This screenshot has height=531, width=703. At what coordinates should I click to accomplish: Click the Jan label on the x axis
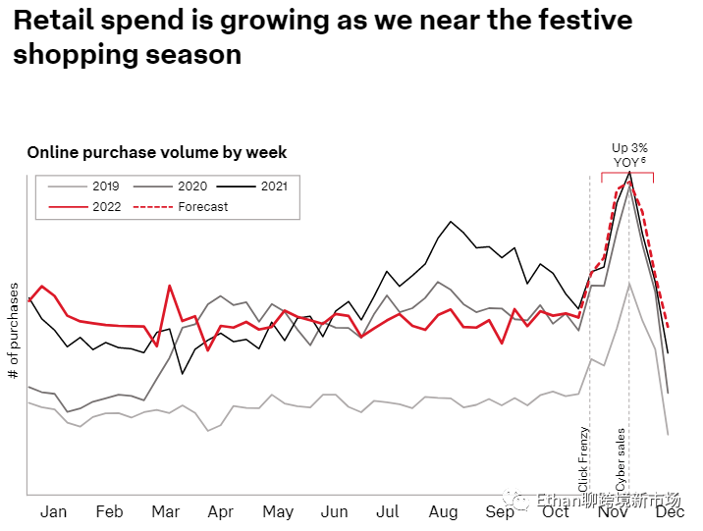53,511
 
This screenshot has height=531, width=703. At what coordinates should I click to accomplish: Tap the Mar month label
165,511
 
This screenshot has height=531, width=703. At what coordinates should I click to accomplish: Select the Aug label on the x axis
444,511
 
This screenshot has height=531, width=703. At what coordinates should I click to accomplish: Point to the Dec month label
671,511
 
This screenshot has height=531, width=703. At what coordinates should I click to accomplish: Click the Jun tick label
335,511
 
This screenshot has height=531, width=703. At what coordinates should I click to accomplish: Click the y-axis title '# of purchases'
14,332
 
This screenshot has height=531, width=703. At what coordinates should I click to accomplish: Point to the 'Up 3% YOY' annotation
629,154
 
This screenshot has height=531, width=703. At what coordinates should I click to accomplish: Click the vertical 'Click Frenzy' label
584,459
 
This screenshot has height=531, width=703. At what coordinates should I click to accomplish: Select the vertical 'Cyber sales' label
621,459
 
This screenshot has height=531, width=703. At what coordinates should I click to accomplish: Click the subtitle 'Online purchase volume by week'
157,152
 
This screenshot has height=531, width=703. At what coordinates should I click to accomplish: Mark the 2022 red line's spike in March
170,286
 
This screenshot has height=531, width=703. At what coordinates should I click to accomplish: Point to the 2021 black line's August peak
450,222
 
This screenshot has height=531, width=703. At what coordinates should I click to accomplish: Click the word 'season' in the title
195,54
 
